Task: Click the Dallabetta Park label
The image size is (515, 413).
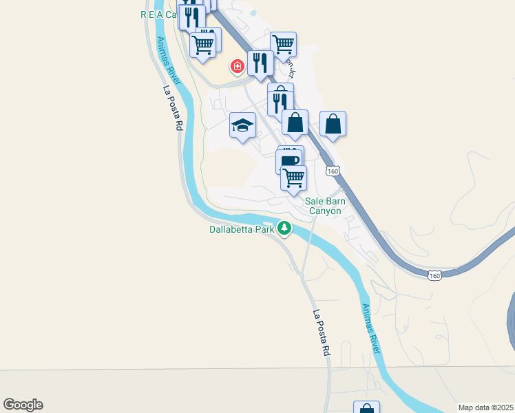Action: click(242, 230)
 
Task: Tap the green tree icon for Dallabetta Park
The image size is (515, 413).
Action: click(284, 229)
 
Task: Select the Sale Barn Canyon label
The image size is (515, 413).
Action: click(324, 206)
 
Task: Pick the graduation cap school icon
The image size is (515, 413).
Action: click(242, 125)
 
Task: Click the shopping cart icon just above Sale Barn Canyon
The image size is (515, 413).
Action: click(294, 178)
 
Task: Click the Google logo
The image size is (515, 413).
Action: click(23, 405)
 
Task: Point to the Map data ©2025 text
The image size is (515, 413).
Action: click(485, 407)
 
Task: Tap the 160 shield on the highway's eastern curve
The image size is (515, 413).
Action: click(434, 275)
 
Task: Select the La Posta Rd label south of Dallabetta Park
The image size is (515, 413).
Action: click(322, 332)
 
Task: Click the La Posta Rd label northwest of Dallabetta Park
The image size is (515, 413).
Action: click(172, 108)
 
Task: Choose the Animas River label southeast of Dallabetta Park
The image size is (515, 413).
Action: click(371, 328)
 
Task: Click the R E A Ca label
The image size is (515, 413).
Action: click(159, 14)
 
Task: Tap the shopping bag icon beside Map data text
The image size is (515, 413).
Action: click(366, 408)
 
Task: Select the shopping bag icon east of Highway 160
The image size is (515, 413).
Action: click(333, 124)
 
